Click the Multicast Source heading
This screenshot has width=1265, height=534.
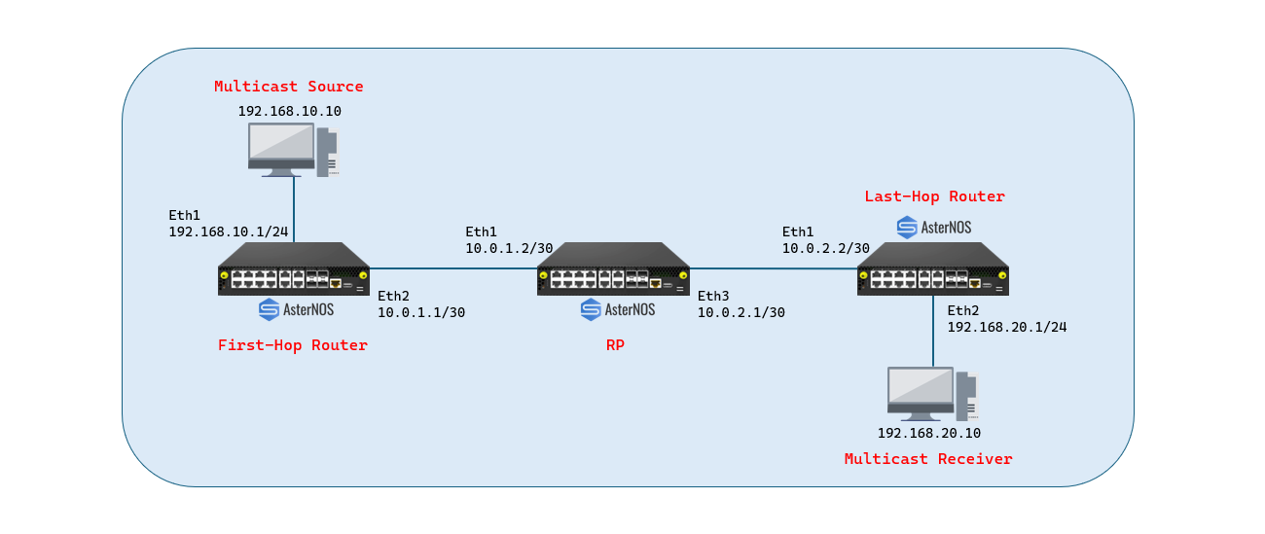click(289, 87)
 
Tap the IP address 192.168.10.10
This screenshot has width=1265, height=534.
click(289, 111)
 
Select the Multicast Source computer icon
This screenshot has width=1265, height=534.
click(294, 150)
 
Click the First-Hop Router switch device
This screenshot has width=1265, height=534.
click(294, 268)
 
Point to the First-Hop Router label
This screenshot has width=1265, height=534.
click(293, 345)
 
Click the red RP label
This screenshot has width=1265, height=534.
click(615, 345)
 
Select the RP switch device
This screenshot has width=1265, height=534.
click(613, 268)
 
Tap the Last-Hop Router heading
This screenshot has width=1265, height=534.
click(934, 196)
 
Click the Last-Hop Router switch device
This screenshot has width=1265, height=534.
click(933, 268)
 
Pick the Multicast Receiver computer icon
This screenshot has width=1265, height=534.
click(932, 394)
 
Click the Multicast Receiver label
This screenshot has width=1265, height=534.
click(928, 459)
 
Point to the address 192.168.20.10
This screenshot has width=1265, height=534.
click(929, 433)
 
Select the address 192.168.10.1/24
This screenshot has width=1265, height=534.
click(228, 231)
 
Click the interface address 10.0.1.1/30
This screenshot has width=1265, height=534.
click(421, 312)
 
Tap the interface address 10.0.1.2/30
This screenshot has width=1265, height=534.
click(509, 248)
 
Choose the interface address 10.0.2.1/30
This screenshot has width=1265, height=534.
click(741, 312)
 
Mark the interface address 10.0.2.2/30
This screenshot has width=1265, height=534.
click(825, 248)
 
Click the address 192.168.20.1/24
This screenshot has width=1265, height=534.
click(1007, 327)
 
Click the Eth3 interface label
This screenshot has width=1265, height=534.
click(713, 296)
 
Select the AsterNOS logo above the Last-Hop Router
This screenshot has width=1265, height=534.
click(934, 228)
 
